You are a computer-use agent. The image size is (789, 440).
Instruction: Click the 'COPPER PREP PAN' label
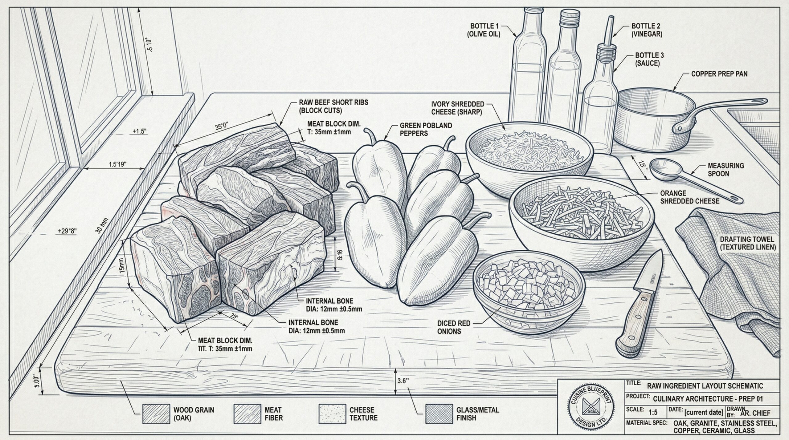pos(719,74)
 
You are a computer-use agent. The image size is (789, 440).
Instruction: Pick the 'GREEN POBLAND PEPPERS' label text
pos(426,129)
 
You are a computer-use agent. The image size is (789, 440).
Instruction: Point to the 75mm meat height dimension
pos(122,265)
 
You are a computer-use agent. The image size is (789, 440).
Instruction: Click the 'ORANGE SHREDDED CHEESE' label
pos(690,197)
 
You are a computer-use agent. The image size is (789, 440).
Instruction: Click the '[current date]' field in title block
pos(704,412)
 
